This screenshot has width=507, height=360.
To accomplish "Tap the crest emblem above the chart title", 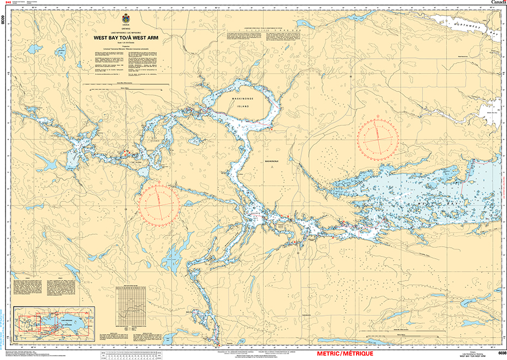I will click(x=125, y=20).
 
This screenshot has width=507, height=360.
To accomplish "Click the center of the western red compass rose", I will click(x=158, y=204).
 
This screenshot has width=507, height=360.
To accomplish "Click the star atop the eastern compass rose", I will click(x=378, y=117).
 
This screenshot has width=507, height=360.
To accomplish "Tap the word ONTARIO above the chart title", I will click(x=125, y=29).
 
